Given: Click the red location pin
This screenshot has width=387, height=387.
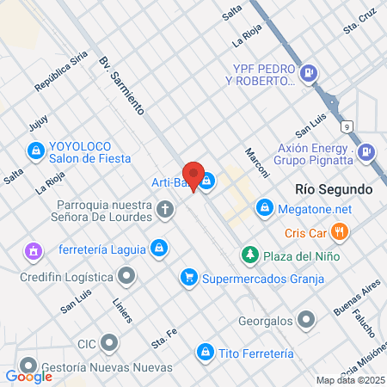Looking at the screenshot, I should tap(193, 175).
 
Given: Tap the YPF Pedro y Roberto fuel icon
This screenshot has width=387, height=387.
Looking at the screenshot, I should tap(310, 75).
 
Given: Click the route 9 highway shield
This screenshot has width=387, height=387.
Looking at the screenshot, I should tap(346, 126).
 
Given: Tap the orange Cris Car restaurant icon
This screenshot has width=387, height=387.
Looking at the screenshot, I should tap(341, 231).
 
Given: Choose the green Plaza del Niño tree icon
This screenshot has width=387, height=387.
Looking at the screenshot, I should tap(250, 255).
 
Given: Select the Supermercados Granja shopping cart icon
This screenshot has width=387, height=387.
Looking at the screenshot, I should tap(188, 278).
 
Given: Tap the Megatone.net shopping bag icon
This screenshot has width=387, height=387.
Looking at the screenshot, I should tap(265, 208).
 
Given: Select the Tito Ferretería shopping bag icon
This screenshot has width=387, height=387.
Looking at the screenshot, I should tap(205, 352).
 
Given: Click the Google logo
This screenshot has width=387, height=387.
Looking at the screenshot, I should tap(28, 376).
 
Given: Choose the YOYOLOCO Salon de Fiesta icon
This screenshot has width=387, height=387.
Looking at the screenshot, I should tap(35, 152).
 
